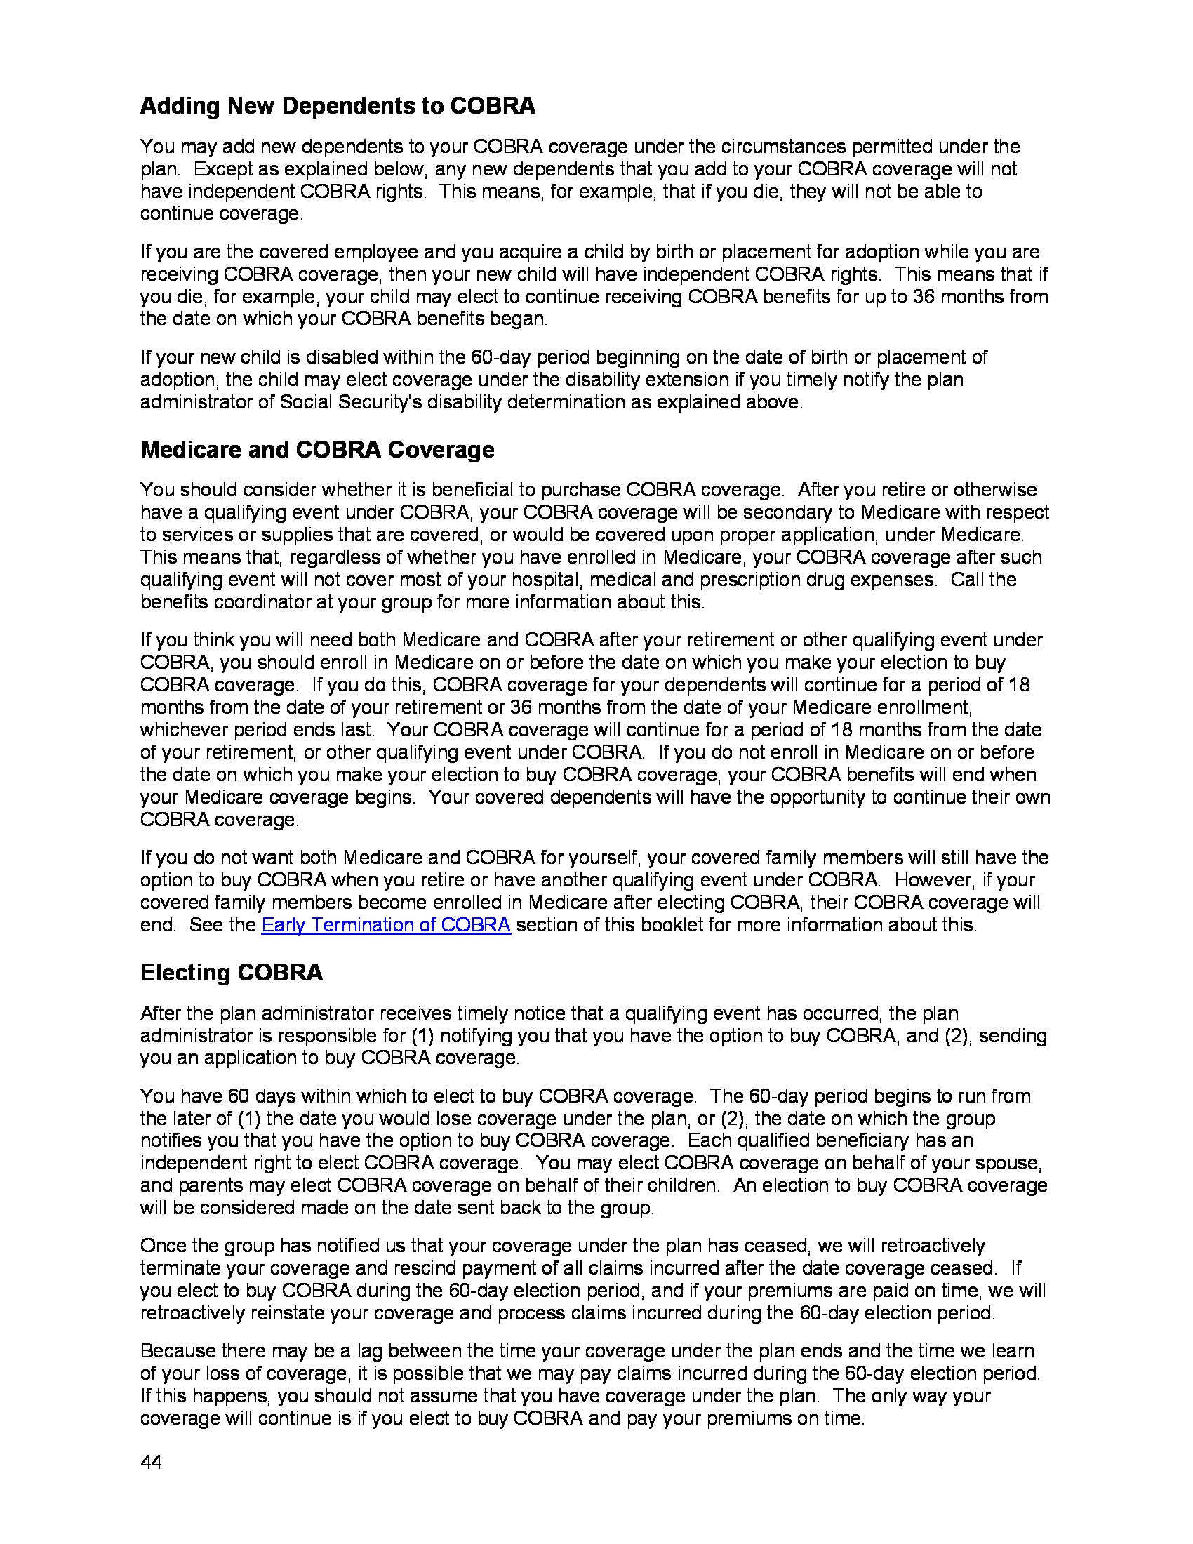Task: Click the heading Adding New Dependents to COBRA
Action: tap(337, 106)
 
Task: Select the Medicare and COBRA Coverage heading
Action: tap(317, 450)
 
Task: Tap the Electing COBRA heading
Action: tap(231, 972)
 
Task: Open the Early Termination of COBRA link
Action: tap(386, 925)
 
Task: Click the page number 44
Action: tap(151, 1461)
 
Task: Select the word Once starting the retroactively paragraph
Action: tap(161, 1246)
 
